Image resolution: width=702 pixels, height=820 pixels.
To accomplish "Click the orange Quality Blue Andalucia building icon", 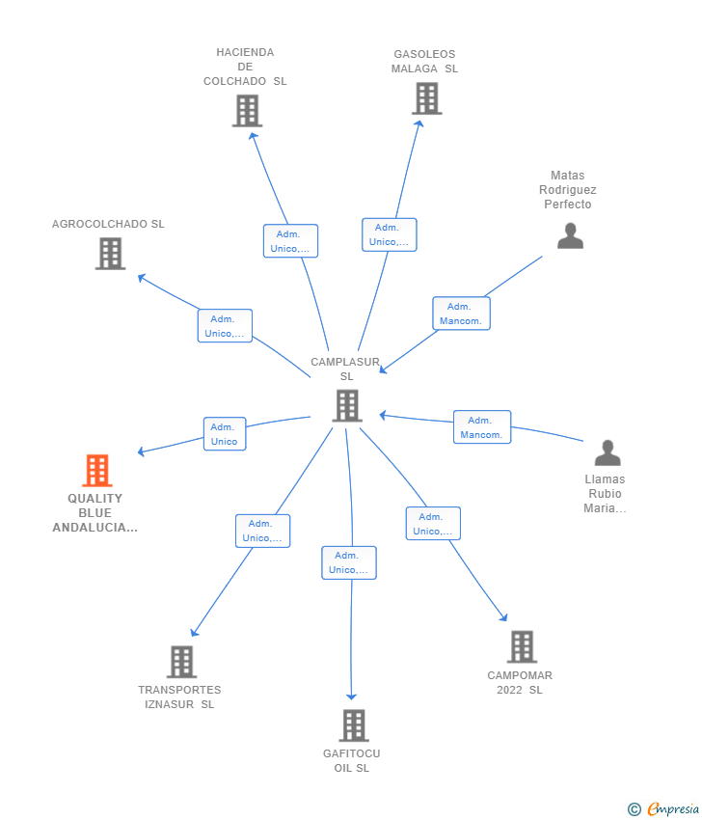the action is (97, 470).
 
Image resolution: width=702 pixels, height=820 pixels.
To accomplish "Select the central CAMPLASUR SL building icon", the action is (347, 405).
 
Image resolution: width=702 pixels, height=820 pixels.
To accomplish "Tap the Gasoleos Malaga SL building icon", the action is (426, 98).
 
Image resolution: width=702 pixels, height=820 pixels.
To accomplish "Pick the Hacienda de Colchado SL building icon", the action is (247, 111).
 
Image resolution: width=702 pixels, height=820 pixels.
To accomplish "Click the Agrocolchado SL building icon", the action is (110, 254).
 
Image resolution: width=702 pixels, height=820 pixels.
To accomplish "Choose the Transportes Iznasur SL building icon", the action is (182, 662).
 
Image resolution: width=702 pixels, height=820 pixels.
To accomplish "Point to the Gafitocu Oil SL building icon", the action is (354, 725).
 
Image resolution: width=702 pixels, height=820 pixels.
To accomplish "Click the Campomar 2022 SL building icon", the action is (523, 646).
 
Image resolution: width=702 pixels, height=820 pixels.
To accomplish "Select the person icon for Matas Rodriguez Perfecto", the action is (570, 235).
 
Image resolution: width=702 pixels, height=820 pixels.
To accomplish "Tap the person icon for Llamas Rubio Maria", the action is (607, 452).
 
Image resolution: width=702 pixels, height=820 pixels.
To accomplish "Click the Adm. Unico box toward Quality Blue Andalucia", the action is (225, 434).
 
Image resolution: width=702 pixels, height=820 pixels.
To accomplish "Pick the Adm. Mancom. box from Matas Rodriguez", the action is (462, 314).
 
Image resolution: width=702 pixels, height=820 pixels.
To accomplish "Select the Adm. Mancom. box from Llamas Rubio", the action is (482, 427).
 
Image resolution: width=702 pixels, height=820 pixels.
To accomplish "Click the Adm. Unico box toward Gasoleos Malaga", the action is (390, 234).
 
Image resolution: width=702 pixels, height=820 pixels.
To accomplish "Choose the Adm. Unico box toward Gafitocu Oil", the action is (349, 562).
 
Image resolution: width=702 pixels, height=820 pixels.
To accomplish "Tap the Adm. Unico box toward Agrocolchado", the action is (225, 326).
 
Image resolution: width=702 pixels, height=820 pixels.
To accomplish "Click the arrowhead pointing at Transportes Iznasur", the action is (194, 632).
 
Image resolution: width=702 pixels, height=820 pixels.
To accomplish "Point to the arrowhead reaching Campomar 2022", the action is (503, 617).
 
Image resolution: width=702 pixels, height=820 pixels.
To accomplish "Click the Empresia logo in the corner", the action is (662, 809).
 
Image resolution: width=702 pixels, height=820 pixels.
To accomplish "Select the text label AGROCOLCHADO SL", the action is (108, 224).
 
